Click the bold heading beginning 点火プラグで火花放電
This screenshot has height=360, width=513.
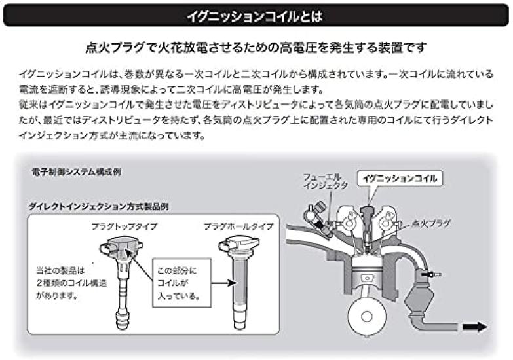point(256,47)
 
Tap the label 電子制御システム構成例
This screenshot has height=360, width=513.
point(76,172)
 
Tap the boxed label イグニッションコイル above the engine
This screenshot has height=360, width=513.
point(398,177)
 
